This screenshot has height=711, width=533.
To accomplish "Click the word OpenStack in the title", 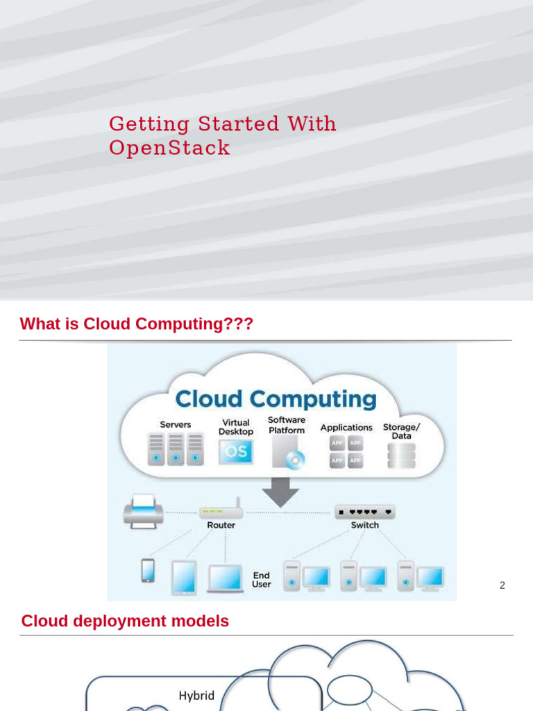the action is pyautogui.click(x=169, y=148).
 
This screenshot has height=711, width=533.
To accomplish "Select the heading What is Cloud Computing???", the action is pyautogui.click(x=137, y=324).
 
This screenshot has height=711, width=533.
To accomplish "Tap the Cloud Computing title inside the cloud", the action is pyautogui.click(x=276, y=399).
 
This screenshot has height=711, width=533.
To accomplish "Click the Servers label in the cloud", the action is pyautogui.click(x=175, y=424).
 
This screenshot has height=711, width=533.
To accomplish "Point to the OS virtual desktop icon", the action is pyautogui.click(x=235, y=451).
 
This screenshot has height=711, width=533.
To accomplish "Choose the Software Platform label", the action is pyautogui.click(x=287, y=425).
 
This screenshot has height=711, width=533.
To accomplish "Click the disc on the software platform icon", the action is pyautogui.click(x=296, y=459).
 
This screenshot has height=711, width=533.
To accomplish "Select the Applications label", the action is pyautogui.click(x=346, y=428).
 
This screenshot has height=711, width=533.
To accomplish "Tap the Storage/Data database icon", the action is pyautogui.click(x=401, y=455).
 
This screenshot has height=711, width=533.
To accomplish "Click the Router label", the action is pyautogui.click(x=221, y=526).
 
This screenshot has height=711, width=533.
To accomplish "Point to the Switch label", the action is pyautogui.click(x=364, y=526).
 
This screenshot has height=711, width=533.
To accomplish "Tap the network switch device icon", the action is pyautogui.click(x=364, y=512).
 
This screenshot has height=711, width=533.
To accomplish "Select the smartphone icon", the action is pyautogui.click(x=148, y=570).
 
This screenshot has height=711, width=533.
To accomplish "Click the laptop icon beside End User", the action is pyautogui.click(x=225, y=578).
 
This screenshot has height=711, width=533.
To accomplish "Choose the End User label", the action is pyautogui.click(x=261, y=580).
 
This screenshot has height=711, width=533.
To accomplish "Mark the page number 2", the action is pyautogui.click(x=502, y=585).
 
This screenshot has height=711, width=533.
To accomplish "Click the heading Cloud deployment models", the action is pyautogui.click(x=125, y=621).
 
